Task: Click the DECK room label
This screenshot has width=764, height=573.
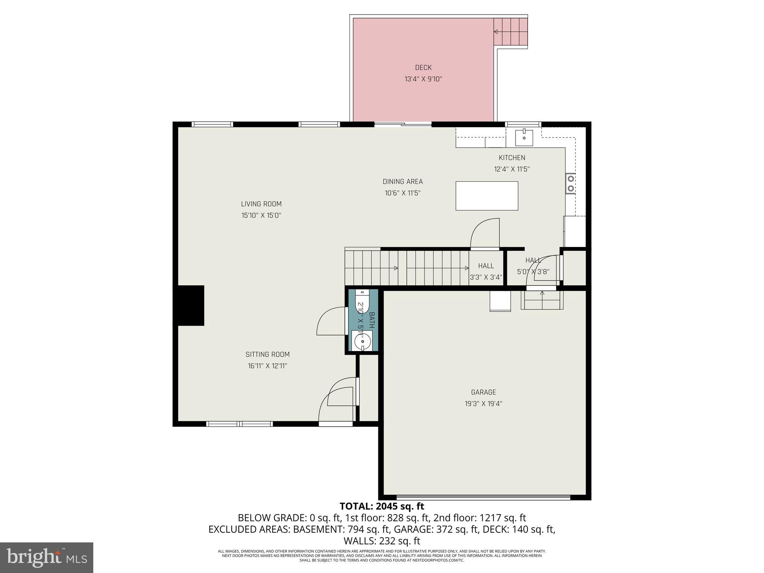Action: tap(423, 68)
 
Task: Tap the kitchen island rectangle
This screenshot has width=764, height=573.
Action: tap(486, 196)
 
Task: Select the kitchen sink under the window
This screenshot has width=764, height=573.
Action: tap(524, 138)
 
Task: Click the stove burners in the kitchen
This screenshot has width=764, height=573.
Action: tap(570, 184)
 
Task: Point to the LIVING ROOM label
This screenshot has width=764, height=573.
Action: tap(261, 204)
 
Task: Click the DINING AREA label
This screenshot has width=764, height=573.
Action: tap(403, 182)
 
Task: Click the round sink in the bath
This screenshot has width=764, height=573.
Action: tap(362, 341)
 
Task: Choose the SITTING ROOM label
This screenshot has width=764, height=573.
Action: tap(267, 354)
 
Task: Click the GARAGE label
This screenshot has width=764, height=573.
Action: tap(483, 392)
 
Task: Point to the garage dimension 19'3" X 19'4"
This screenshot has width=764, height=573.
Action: tap(483, 403)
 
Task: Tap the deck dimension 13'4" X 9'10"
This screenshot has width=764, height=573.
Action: tap(423, 79)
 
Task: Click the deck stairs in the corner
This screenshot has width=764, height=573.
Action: tap(510, 31)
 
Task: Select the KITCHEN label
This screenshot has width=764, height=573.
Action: tap(512, 158)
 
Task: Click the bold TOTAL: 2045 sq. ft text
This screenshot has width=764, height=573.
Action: tap(382, 506)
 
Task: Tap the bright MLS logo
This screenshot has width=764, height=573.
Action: tap(47, 557)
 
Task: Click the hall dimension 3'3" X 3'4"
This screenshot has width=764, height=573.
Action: tap(486, 277)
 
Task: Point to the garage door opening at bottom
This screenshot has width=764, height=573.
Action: tap(483, 497)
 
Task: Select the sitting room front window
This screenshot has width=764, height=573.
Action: tap(239, 424)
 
